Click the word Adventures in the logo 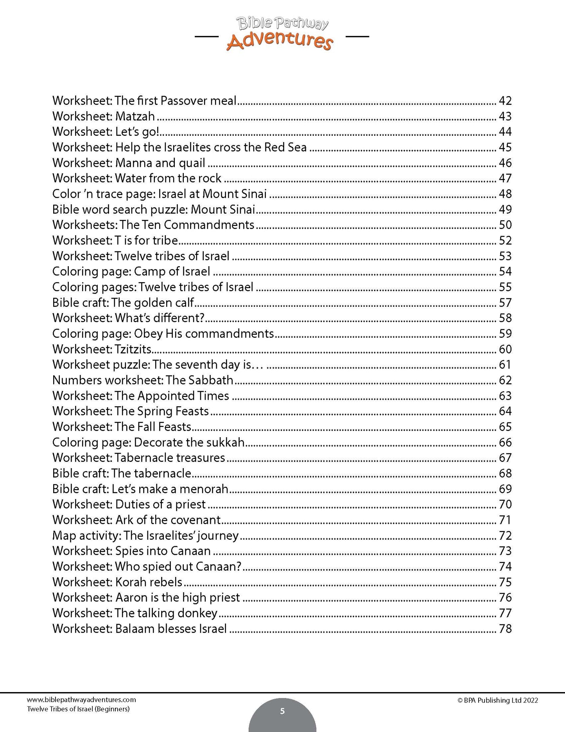[x=280, y=41]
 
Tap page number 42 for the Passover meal [x=505, y=101]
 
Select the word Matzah [x=135, y=117]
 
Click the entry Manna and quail [x=160, y=163]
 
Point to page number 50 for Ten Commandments [x=505, y=225]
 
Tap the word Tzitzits [x=133, y=349]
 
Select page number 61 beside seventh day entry [x=505, y=365]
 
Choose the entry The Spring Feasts [x=162, y=411]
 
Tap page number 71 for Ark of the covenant [x=505, y=520]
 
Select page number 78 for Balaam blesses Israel [x=505, y=629]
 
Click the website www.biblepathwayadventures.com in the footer [x=81, y=700]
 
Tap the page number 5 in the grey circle [x=282, y=711]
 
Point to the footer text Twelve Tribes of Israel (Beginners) [x=78, y=709]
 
